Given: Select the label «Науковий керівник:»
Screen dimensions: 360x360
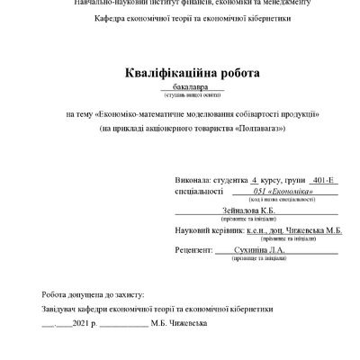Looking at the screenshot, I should click(202, 230).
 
